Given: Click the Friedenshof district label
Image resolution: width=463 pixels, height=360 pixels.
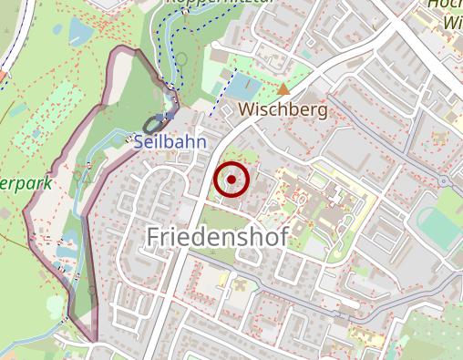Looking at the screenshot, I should (217, 237).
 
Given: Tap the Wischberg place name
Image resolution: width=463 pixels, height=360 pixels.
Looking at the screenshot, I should (282, 110).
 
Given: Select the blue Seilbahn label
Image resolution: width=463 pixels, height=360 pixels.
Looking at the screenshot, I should (170, 142).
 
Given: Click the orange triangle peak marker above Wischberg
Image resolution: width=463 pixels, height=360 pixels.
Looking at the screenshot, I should (283, 89).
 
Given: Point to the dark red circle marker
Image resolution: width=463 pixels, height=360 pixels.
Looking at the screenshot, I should (231, 180).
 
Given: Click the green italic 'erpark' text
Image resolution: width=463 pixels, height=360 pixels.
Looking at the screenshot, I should (25, 183).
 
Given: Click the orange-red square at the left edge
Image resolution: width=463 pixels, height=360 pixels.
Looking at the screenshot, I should (3, 72).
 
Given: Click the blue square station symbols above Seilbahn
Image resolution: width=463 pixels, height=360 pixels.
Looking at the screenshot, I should (170, 116).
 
